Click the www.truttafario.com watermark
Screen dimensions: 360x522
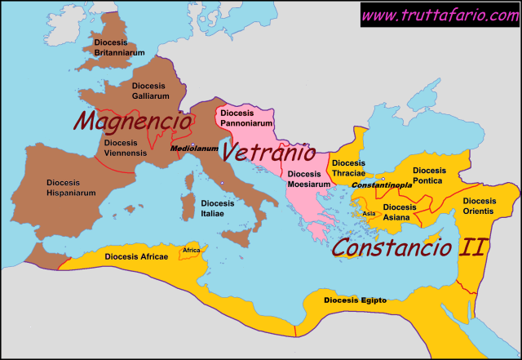tap(440, 15)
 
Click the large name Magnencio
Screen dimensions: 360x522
tap(133, 122)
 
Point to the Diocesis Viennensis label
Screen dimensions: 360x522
tap(126, 148)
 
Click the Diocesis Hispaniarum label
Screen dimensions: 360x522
tap(71, 188)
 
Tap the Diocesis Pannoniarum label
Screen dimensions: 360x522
tap(245, 118)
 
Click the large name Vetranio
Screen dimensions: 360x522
tap(269, 152)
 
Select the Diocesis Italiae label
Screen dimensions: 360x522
tap(217, 208)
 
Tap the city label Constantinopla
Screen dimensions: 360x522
tap(382, 186)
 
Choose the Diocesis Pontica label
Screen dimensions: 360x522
tap(429, 176)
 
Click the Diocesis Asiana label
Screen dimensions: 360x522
tap(399, 212)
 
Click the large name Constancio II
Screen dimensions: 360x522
tap(408, 246)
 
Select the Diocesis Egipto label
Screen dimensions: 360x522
tap(355, 301)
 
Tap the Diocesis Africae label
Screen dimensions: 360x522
tap(136, 256)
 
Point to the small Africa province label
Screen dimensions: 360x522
tap(192, 250)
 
